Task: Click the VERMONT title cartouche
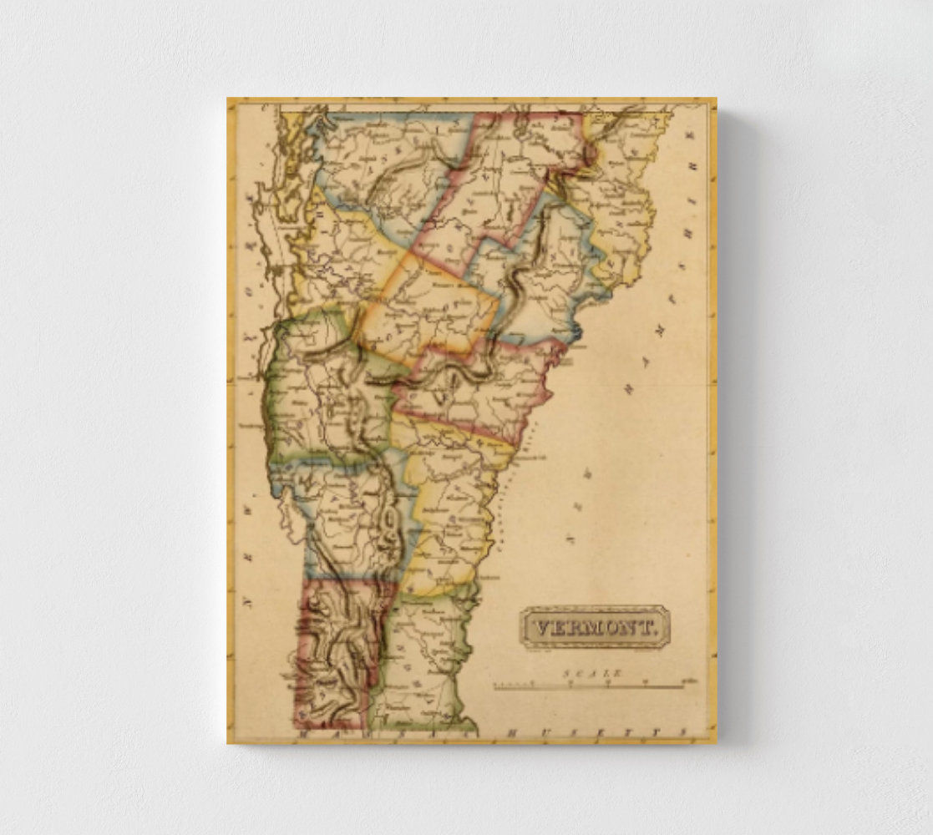point(595,626)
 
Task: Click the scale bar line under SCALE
point(589,686)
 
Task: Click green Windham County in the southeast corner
point(422,660)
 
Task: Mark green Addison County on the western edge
point(322,401)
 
